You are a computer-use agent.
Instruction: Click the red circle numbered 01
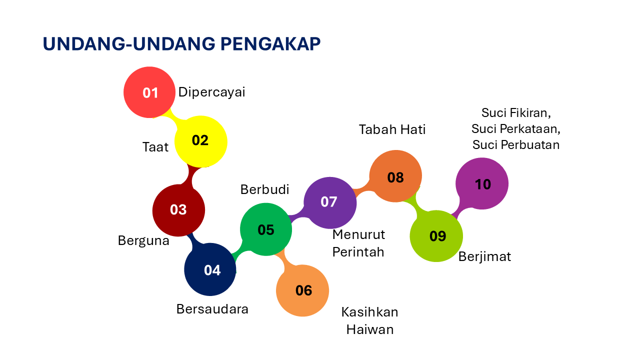pos(149,92)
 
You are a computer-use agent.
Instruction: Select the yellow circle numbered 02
pos(200,141)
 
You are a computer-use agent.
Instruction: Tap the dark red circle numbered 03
pos(178,210)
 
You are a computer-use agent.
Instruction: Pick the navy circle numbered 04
pos(210,270)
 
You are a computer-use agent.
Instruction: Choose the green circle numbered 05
pos(266,229)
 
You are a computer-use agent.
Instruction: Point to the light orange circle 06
pos(302,290)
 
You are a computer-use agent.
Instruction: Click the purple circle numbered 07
pos(330,202)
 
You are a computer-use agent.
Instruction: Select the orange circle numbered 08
pos(395,176)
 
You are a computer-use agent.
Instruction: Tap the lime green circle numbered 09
pos(436,236)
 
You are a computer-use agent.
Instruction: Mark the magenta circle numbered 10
pos(482,183)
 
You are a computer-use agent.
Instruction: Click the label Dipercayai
pos(212,92)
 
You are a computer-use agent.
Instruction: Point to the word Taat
pos(155,147)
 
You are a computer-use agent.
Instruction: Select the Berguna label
pos(143,240)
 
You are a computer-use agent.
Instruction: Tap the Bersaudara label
pos(212,309)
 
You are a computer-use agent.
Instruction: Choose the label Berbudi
pos(265,189)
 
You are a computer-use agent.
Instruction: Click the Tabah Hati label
pos(392,129)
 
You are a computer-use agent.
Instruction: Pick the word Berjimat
pos(485,257)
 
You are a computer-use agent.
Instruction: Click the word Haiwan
pos(370,330)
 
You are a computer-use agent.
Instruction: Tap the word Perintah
pos(358,252)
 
